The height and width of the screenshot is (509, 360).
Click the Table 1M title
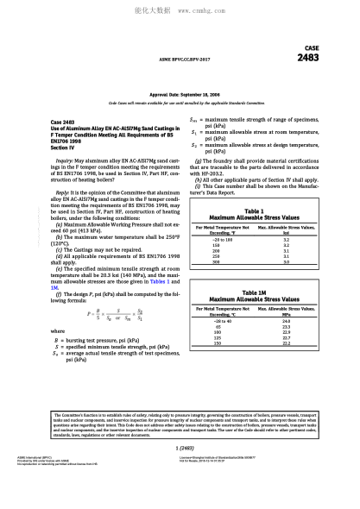[x=255, y=292]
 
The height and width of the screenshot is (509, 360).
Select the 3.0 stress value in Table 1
[x=286, y=261]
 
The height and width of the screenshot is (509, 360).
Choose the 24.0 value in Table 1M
[x=286, y=320]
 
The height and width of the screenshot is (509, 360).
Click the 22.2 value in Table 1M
[x=286, y=344]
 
